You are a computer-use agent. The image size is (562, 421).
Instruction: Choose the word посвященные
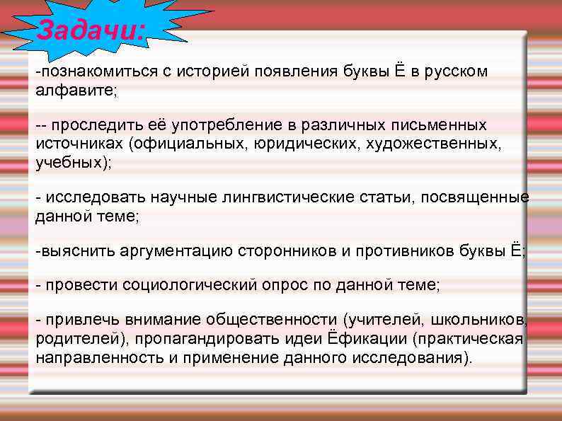pyautogui.click(x=475, y=197)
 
